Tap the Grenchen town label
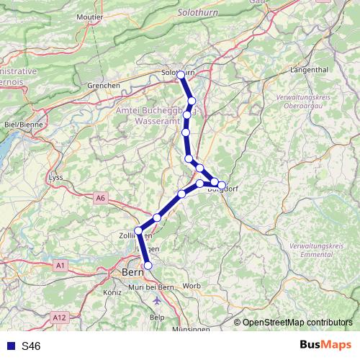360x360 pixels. tap(104, 85)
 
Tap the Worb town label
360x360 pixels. tap(192, 286)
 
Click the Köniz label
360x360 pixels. tap(113, 292)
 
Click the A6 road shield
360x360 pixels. tap(99, 197)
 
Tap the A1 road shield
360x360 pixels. tap(60, 266)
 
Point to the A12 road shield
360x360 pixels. tap(59, 316)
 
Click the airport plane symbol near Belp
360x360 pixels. tap(158, 300)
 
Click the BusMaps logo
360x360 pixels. tap(325, 346)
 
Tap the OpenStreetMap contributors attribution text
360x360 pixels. tap(296, 323)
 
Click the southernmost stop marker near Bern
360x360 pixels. tap(148, 266)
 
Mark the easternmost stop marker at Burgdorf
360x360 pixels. tap(222, 184)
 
